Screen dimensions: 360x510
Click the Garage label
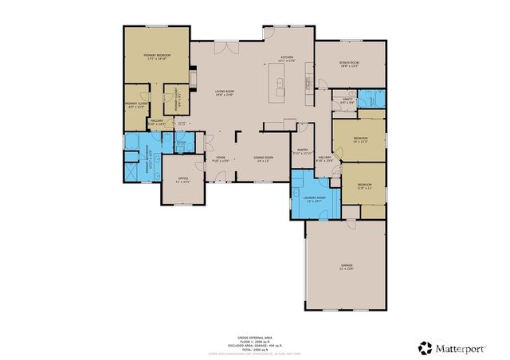pos(347,267)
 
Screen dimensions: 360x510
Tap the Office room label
pos(182,179)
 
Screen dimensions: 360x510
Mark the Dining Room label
pos(264,158)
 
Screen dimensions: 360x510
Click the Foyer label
pos(221,158)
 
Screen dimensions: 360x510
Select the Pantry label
pos(303,151)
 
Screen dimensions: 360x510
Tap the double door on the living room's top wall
pos(229,46)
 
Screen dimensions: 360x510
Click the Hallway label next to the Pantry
pos(325,158)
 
